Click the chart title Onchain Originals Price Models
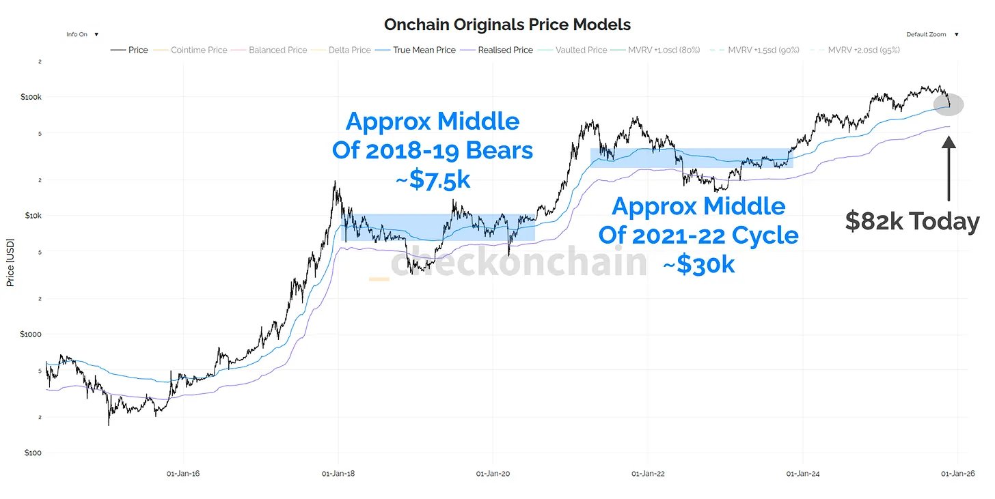click(x=507, y=25)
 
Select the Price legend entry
click(x=137, y=50)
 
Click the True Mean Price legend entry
click(x=424, y=50)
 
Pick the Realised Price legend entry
click(x=505, y=50)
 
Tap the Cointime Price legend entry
click(x=198, y=50)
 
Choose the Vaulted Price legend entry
click(x=581, y=50)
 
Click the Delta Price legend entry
click(x=349, y=50)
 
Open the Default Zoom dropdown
click(x=931, y=34)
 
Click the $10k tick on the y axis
click(x=31, y=216)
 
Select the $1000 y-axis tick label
click(x=30, y=334)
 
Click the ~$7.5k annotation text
click(x=433, y=180)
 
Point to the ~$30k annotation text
click(x=698, y=264)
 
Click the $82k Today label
click(x=912, y=222)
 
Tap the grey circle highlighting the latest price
click(x=948, y=104)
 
